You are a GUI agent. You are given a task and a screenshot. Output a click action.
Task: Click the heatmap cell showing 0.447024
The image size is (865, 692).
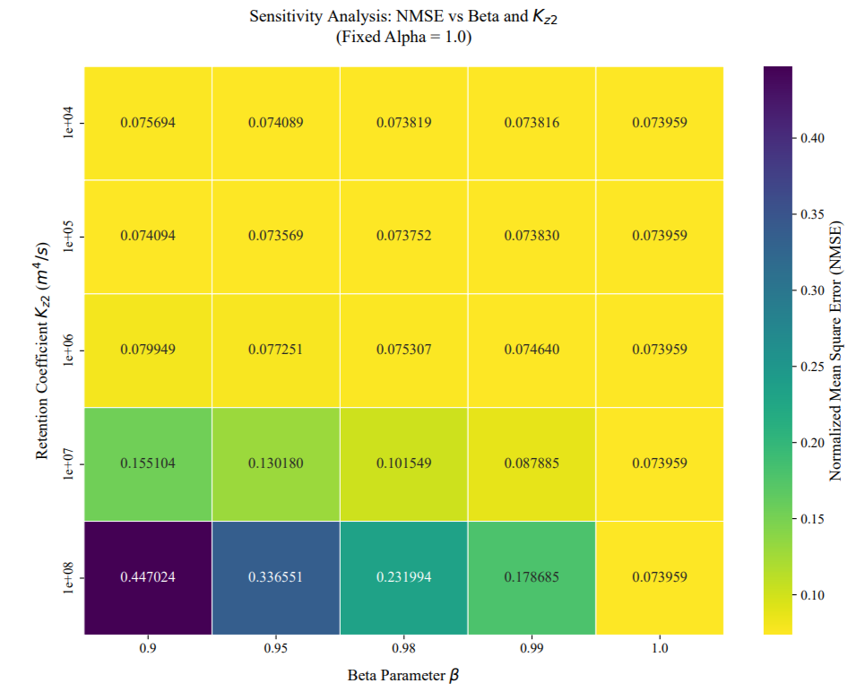148,577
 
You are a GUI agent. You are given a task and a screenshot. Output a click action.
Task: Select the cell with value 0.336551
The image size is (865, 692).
276,577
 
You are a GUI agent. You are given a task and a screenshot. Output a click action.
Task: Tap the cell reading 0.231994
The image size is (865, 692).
403,577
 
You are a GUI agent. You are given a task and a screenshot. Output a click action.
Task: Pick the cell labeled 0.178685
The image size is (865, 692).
532,577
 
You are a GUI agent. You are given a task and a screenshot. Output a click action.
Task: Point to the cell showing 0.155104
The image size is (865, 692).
148,463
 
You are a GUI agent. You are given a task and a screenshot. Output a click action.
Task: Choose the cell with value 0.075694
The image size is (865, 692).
148,122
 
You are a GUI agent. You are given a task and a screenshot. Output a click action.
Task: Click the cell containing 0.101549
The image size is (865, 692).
403,463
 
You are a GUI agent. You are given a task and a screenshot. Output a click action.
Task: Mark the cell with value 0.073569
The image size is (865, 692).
276,236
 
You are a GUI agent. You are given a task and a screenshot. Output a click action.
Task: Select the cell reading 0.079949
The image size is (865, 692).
148,350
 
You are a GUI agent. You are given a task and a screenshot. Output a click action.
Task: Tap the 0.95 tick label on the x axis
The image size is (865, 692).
276,649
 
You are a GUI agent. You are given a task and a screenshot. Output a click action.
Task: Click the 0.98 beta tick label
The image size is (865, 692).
403,649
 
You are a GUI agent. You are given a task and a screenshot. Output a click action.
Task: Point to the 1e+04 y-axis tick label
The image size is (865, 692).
69,122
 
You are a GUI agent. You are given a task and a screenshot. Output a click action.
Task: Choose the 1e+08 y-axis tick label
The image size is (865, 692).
69,577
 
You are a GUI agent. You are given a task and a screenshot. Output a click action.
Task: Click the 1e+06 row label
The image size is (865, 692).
69,350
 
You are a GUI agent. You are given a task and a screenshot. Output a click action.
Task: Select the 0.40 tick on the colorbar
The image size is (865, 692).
810,138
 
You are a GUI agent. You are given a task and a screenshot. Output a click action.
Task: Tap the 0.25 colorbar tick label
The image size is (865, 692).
810,367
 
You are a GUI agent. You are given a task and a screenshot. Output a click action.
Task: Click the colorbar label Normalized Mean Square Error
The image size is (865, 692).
835,350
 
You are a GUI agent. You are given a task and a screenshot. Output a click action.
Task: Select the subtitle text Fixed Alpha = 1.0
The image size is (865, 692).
402,38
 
